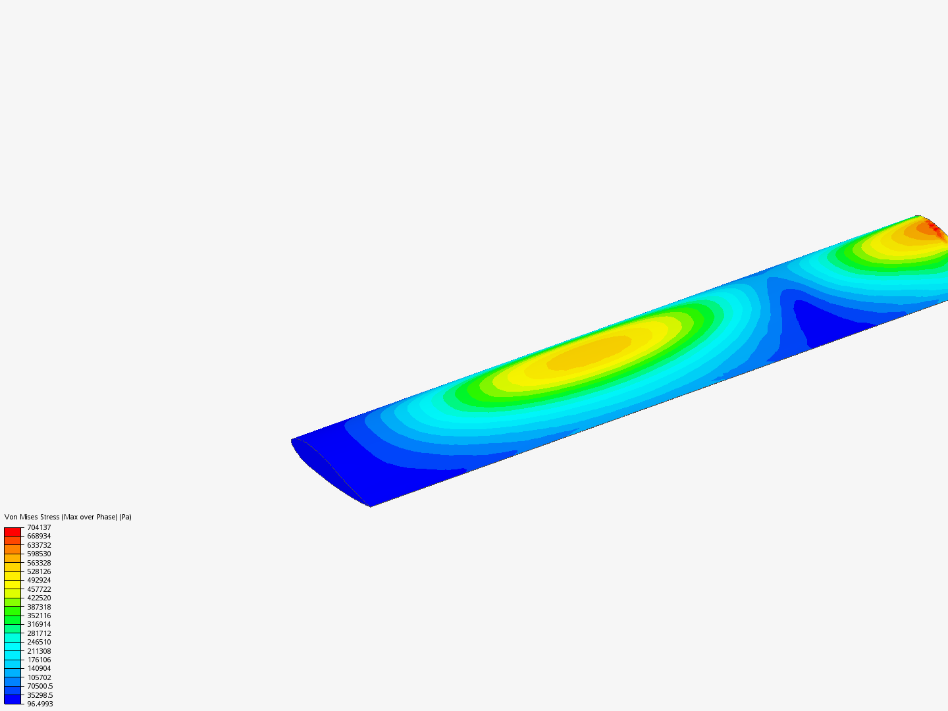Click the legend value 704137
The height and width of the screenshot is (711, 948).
[39, 527]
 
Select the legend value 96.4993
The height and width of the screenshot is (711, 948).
[39, 704]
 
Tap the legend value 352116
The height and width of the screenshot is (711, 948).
[39, 616]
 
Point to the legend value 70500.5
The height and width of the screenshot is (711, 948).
[39, 686]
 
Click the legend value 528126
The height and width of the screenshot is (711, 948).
[39, 571]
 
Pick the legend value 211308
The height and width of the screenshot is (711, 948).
[39, 651]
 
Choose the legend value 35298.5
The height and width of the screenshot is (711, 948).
[39, 695]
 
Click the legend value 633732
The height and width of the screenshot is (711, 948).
[39, 545]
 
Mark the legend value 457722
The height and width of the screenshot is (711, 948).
[39, 589]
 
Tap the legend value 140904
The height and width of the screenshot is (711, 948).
[39, 668]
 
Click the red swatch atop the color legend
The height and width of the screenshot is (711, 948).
[13, 531]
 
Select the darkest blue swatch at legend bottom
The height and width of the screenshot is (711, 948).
[13, 699]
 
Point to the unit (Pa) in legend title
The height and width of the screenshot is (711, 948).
[125, 517]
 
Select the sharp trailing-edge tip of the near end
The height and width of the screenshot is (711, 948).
[369, 506]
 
